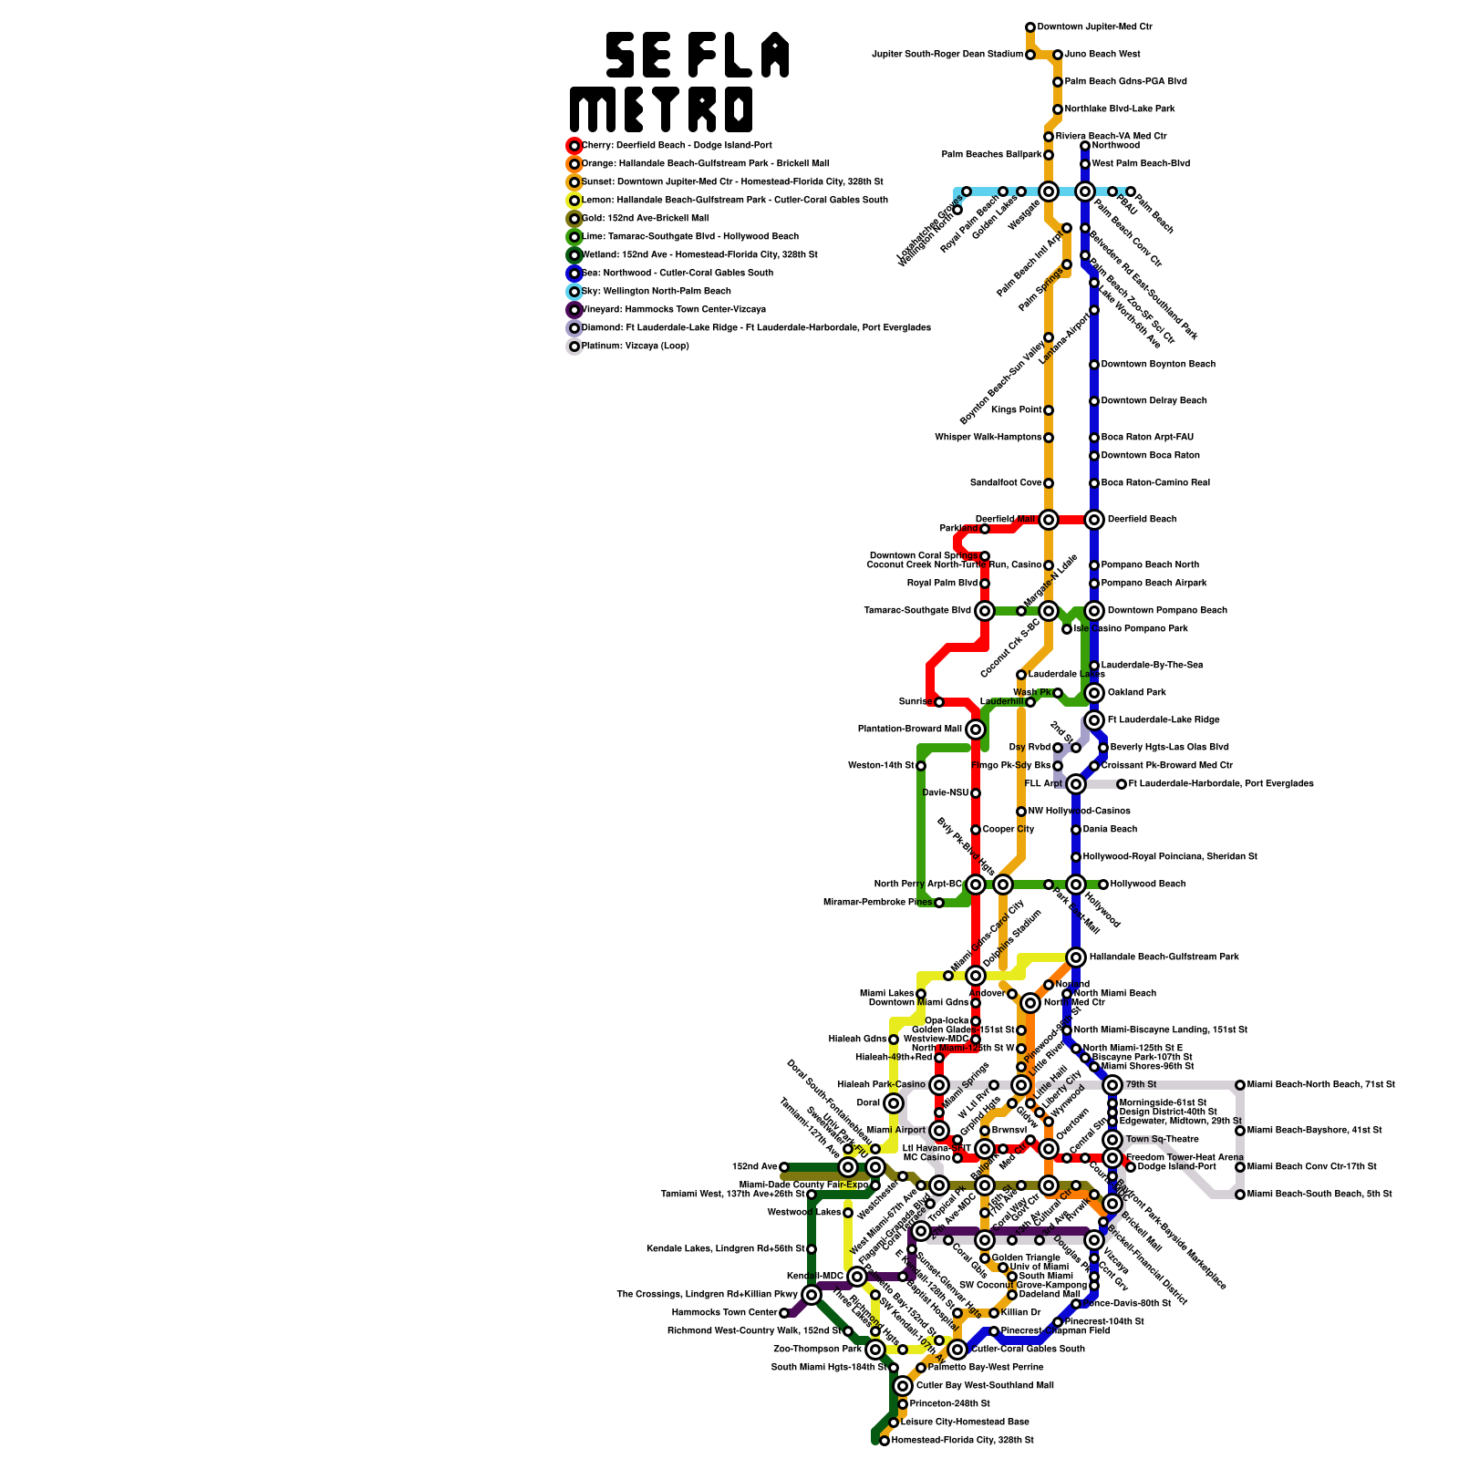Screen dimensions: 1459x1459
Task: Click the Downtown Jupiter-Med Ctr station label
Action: (x=1094, y=27)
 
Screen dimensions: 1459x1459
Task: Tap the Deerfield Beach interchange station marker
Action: (x=1094, y=520)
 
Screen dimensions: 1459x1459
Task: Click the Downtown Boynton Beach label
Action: (x=1158, y=365)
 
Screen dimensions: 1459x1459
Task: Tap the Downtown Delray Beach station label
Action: (x=1154, y=401)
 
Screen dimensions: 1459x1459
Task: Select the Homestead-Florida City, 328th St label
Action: (x=962, y=1441)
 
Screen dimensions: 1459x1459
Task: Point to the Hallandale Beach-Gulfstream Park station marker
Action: (x=1076, y=957)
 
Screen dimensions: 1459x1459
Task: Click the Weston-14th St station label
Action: (x=881, y=766)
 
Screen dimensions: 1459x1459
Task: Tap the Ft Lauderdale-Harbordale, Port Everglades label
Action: (x=1221, y=784)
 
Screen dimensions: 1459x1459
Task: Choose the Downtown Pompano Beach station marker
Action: (x=1094, y=611)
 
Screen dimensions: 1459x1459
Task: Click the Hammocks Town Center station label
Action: (x=724, y=1313)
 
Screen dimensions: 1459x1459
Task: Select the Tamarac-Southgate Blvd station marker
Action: (x=985, y=611)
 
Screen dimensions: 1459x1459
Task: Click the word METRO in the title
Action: (x=662, y=110)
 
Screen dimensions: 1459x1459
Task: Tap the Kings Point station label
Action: (x=1016, y=410)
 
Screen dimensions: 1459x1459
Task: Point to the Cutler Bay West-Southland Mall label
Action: (x=985, y=1386)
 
